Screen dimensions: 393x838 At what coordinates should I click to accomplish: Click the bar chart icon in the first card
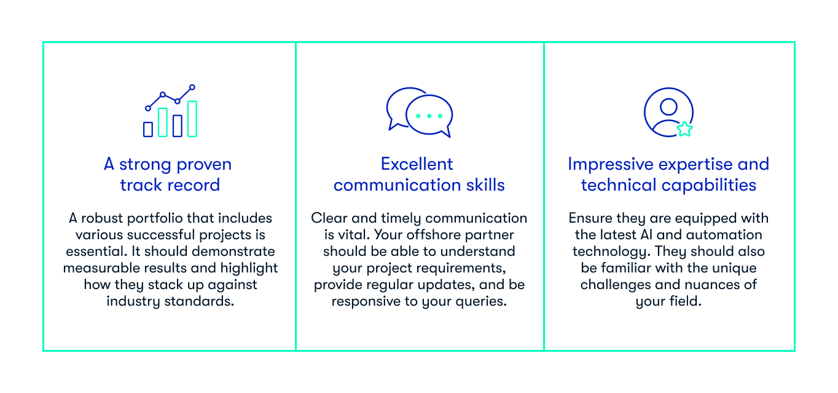coord(170,111)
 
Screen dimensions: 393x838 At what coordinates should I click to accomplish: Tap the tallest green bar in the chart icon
coord(192,119)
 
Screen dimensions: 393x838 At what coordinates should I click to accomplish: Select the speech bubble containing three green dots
coord(429,116)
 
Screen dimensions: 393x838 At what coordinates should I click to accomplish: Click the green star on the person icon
coord(684,129)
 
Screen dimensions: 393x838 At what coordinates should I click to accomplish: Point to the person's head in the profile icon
coord(668,107)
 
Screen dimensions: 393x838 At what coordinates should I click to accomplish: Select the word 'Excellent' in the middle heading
coord(417,164)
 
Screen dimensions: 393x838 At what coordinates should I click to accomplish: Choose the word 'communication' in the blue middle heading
coord(390,185)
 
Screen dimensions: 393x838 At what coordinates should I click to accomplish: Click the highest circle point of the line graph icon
coord(192,87)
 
